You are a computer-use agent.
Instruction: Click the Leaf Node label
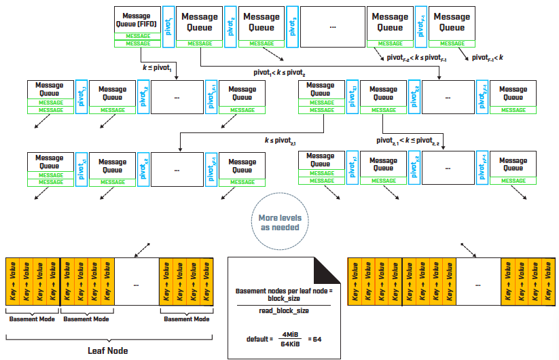109,351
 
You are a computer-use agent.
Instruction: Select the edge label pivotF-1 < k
486,59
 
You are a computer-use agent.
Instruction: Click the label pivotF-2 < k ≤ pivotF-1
416,59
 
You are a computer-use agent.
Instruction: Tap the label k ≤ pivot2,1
281,140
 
